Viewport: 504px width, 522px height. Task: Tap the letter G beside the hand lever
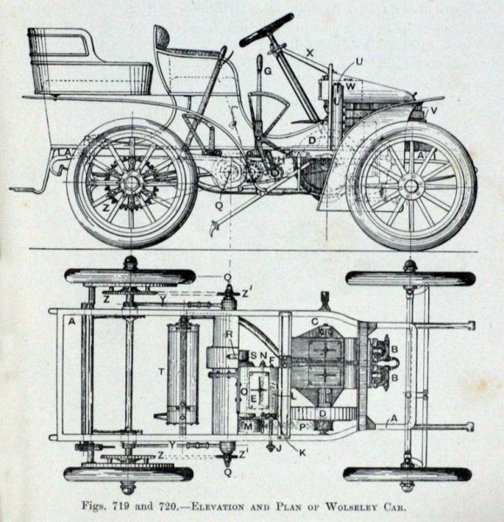pyautogui.click(x=268, y=71)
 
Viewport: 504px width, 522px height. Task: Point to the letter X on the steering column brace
pyautogui.click(x=310, y=52)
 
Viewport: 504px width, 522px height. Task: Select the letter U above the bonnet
pyautogui.click(x=360, y=62)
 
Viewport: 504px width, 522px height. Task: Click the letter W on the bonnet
pyautogui.click(x=351, y=86)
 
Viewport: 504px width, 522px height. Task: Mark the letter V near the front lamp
pyautogui.click(x=433, y=110)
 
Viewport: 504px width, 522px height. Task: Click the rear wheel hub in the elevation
pyautogui.click(x=131, y=182)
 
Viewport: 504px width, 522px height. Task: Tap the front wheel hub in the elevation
pyautogui.click(x=411, y=185)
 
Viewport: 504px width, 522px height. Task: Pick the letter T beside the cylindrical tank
pyautogui.click(x=162, y=371)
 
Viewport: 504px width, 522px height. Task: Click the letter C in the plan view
pyautogui.click(x=315, y=322)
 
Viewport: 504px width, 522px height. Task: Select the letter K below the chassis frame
pyautogui.click(x=302, y=452)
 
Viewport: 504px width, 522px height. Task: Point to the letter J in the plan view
pyautogui.click(x=279, y=448)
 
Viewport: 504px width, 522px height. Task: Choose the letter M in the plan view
pyautogui.click(x=248, y=426)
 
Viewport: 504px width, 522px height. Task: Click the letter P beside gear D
pyautogui.click(x=303, y=427)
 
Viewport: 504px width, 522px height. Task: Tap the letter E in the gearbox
pyautogui.click(x=253, y=398)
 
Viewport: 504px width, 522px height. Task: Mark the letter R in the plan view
pyautogui.click(x=229, y=335)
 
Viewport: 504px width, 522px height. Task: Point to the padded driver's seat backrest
pyautogui.click(x=163, y=37)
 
